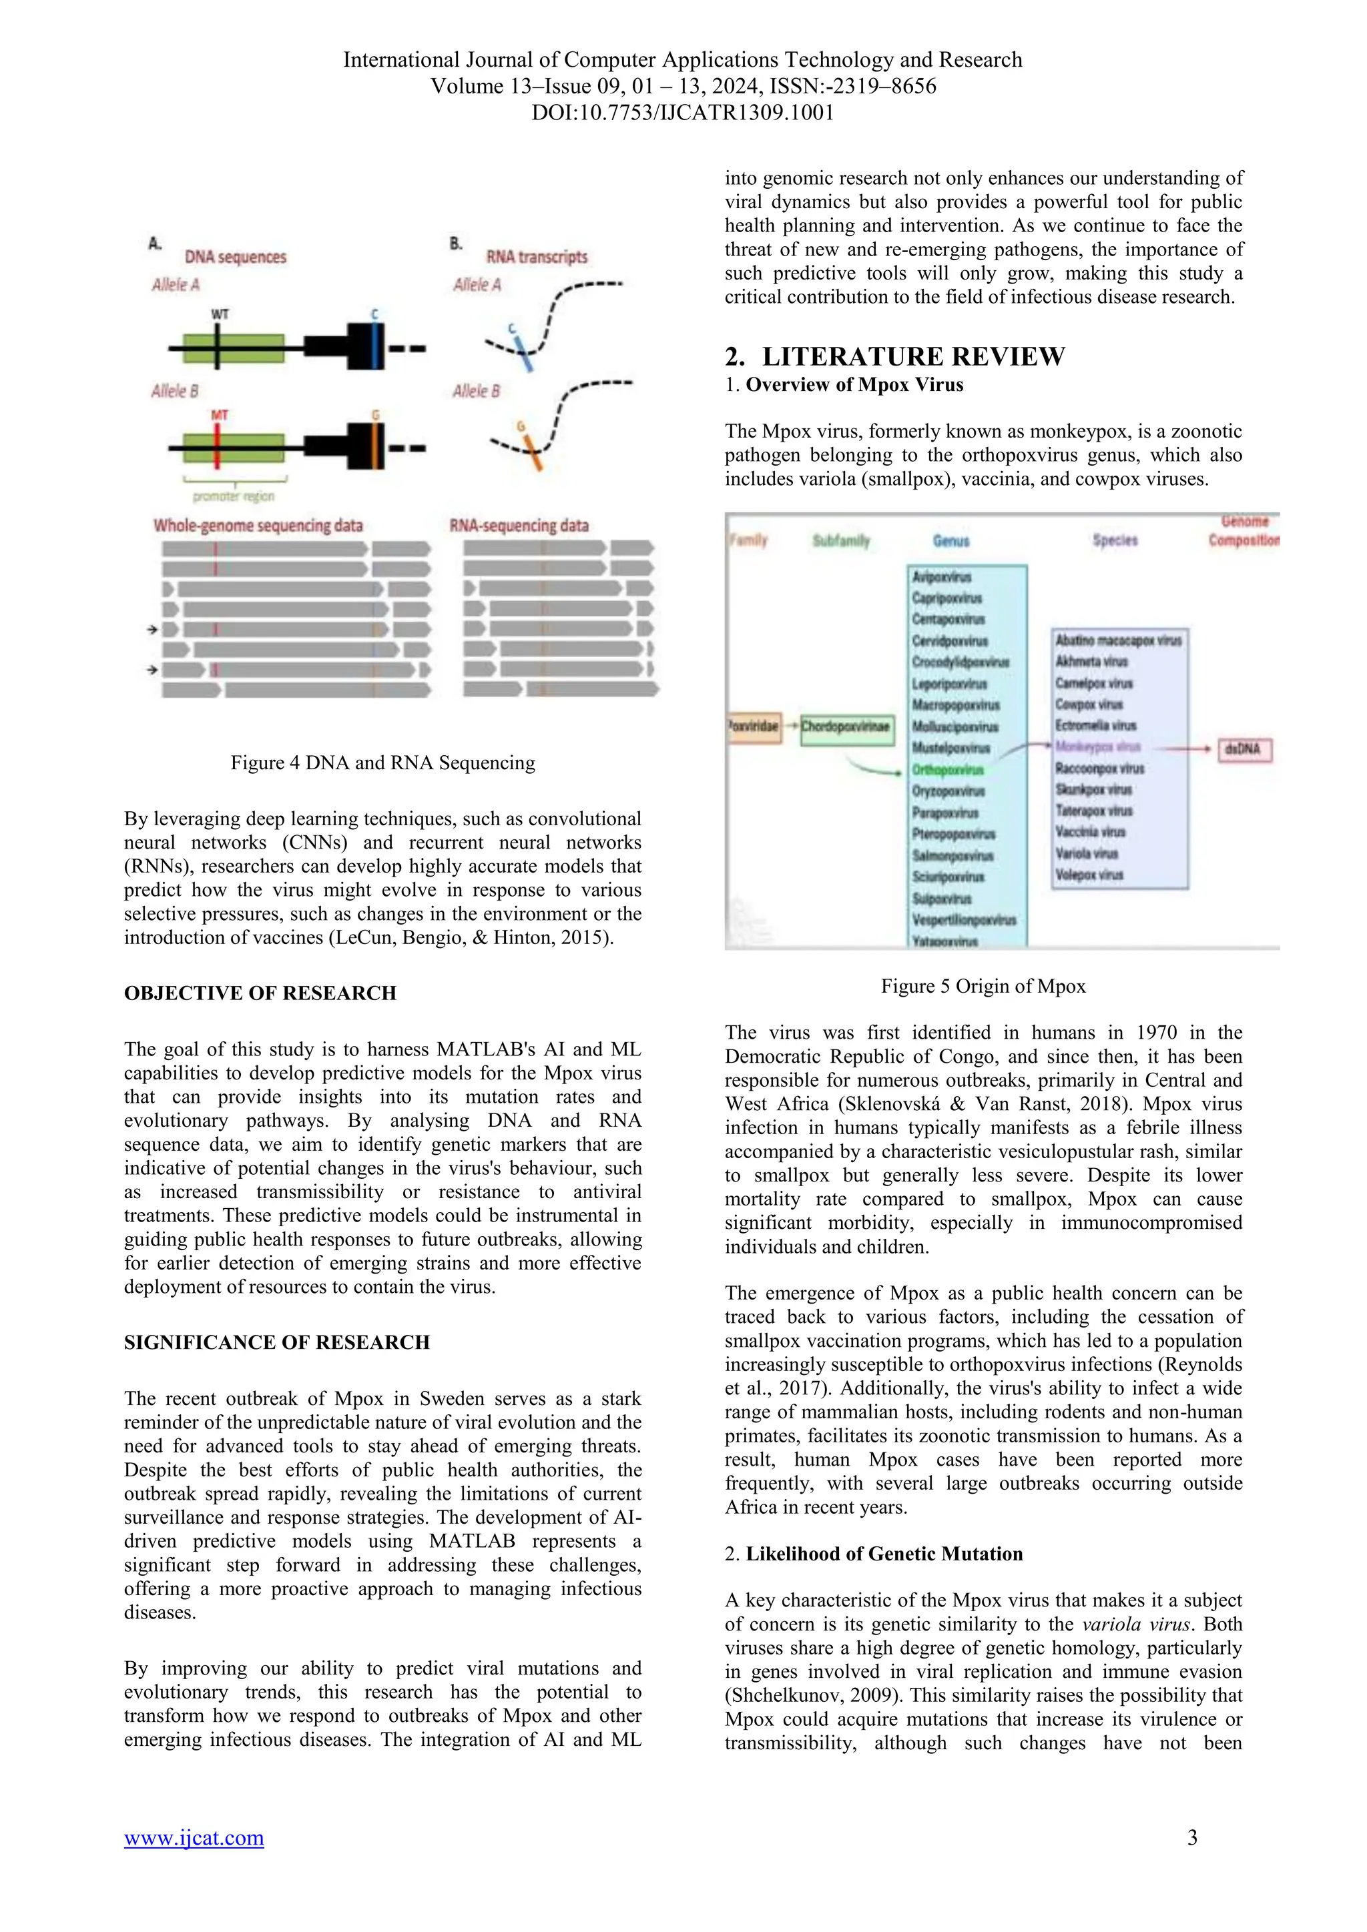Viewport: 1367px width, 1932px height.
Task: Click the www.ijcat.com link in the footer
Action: [194, 1838]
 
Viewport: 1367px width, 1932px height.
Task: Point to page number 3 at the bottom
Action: [1192, 1838]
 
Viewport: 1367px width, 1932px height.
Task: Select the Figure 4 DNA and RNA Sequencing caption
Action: [383, 763]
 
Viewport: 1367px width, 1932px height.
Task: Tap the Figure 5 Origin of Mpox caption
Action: [983, 986]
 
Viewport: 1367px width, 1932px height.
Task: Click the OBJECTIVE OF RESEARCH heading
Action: [260, 993]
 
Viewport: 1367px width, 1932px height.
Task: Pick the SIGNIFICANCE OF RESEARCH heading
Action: [277, 1342]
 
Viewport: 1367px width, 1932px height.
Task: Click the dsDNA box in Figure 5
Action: [1244, 749]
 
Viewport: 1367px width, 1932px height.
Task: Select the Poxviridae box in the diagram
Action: [754, 727]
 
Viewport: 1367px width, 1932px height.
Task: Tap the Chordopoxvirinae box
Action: [846, 727]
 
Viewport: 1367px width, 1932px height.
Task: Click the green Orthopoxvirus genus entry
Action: [948, 770]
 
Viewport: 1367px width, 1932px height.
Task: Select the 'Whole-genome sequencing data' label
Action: [258, 526]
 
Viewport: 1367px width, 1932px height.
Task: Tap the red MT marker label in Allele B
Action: [219, 415]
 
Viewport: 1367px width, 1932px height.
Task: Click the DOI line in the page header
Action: [683, 113]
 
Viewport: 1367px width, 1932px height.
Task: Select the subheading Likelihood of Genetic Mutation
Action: [884, 1554]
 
